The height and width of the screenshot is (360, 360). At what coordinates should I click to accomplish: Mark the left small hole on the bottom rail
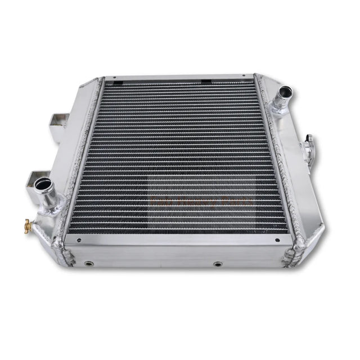(78, 240)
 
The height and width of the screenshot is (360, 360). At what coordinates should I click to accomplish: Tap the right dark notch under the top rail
(206, 82)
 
